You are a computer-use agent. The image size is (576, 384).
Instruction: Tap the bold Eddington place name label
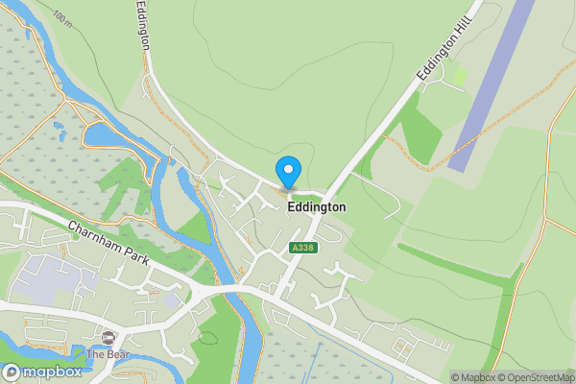(316, 206)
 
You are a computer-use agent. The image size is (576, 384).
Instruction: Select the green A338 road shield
(302, 248)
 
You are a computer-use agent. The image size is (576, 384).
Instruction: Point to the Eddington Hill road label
(447, 47)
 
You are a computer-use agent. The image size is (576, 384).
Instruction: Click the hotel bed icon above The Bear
(108, 337)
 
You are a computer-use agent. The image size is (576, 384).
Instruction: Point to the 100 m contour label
(62, 18)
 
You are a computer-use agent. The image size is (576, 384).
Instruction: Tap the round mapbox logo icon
(12, 372)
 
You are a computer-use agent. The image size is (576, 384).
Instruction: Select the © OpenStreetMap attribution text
(534, 377)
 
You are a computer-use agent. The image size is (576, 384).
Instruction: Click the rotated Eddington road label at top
(143, 26)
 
